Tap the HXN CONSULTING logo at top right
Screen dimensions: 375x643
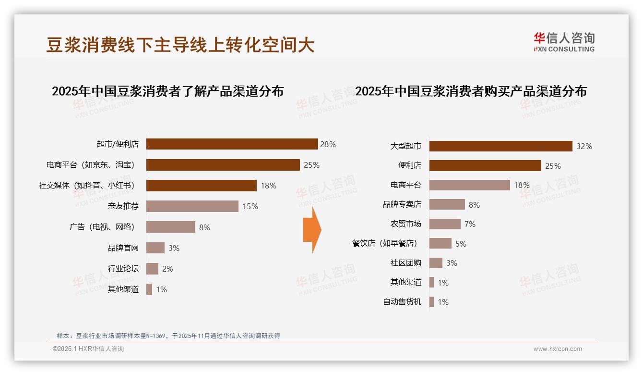[564, 42]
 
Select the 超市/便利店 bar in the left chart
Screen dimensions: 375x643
[232, 144]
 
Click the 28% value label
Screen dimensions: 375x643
[328, 144]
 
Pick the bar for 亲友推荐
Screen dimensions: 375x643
[192, 206]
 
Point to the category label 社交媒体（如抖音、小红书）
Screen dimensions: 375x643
[87, 186]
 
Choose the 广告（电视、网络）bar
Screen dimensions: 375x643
[170, 227]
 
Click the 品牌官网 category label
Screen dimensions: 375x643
[123, 248]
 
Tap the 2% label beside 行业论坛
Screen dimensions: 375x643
[167, 269]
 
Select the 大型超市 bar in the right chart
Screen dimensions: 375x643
[500, 146]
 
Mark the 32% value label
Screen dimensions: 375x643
[584, 146]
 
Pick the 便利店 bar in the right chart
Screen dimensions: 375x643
[485, 165]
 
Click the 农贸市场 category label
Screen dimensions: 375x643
[406, 224]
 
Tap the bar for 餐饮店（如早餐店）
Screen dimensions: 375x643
[440, 243]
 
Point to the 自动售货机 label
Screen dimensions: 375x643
[402, 302]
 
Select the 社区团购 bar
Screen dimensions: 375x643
[436, 263]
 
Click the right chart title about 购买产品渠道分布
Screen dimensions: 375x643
[471, 91]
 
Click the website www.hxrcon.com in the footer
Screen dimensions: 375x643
[558, 349]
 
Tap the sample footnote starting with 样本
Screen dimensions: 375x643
[168, 336]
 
